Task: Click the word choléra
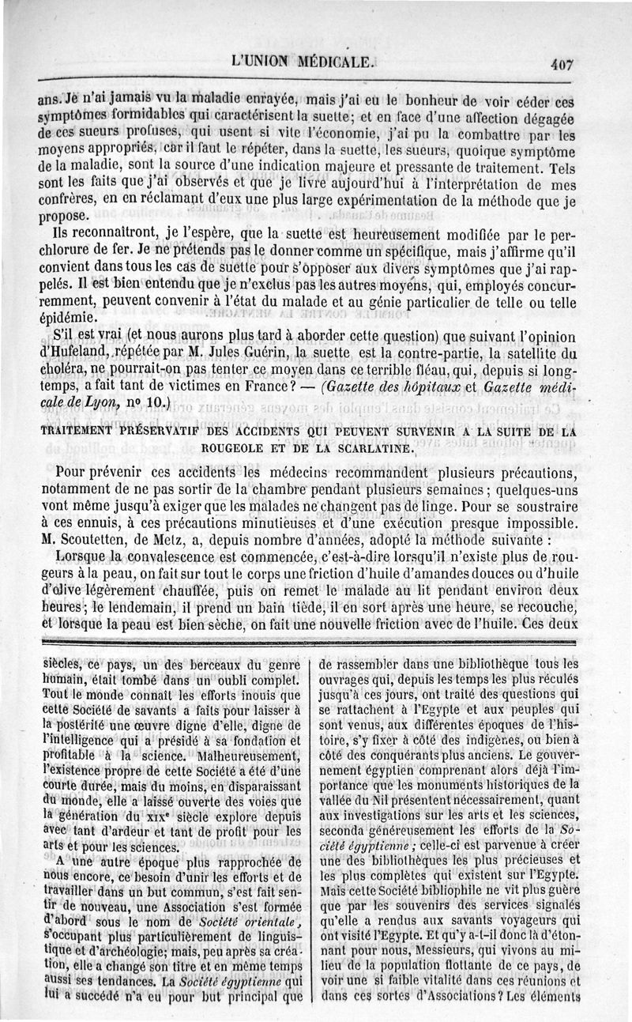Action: click(x=61, y=369)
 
